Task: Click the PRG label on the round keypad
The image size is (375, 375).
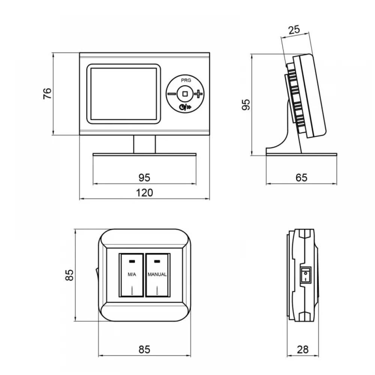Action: click(x=186, y=80)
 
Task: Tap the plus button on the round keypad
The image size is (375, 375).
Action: click(x=198, y=94)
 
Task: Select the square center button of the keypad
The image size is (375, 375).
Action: click(x=185, y=94)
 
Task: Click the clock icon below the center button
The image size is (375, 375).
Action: click(x=183, y=107)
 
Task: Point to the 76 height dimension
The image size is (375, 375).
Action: click(x=47, y=93)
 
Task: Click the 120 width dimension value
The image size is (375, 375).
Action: click(x=144, y=193)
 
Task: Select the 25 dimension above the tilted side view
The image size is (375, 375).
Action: click(x=294, y=30)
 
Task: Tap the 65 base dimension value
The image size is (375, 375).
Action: click(x=301, y=178)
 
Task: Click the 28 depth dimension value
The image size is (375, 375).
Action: click(x=303, y=349)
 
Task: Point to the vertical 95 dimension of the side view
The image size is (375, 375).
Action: click(x=246, y=105)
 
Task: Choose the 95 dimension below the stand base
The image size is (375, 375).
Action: click(x=144, y=178)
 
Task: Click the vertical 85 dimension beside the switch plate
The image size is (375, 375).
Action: click(x=69, y=275)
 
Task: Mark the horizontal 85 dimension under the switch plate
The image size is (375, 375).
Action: click(x=144, y=349)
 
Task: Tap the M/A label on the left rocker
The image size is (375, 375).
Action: click(x=132, y=274)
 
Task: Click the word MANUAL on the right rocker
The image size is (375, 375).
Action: click(x=157, y=274)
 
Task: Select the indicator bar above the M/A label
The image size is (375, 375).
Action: click(x=132, y=261)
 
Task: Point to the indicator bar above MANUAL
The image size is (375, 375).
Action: click(x=157, y=261)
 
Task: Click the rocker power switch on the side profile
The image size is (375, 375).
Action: click(x=306, y=275)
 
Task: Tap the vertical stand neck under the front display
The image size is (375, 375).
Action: click(x=144, y=144)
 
